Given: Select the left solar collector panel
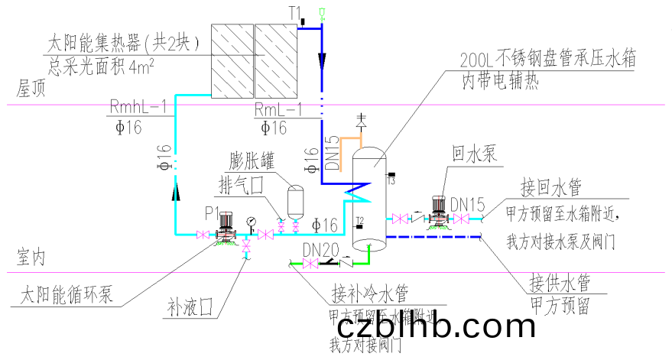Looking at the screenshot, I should (231, 59).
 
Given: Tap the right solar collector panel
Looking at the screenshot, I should (274, 59).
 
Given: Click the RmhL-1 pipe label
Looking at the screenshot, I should (138, 107).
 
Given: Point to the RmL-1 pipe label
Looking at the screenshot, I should (278, 107).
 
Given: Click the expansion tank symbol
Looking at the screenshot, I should (294, 202).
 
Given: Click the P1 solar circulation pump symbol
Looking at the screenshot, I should (223, 227).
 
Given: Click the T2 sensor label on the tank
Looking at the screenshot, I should (358, 221).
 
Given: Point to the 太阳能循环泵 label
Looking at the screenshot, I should (66, 294).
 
